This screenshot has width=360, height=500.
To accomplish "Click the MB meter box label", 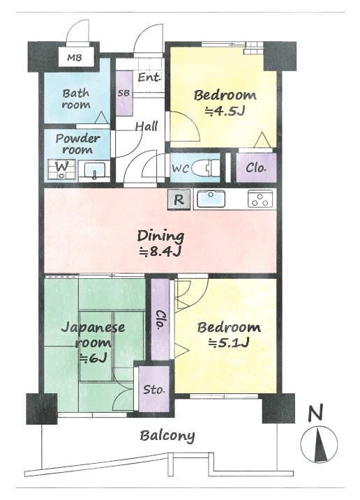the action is click(75, 58).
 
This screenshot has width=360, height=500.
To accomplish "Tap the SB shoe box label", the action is click(123, 93).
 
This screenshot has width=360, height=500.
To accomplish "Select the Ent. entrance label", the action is click(149, 77).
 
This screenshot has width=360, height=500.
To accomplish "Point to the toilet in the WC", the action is click(211, 167).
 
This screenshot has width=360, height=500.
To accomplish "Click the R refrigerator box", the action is click(179, 200).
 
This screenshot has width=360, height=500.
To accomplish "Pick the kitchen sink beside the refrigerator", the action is click(211, 199).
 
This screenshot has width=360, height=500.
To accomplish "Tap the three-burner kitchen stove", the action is click(260, 199).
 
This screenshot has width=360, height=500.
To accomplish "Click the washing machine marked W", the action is click(61, 169).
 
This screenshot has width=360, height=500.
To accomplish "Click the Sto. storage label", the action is click(153, 389).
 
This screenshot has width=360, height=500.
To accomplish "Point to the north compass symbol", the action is click(320, 445).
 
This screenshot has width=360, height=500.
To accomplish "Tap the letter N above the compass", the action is click(316, 412).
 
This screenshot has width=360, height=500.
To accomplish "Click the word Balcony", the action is click(167, 436).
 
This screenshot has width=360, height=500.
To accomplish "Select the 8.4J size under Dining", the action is click(160, 252).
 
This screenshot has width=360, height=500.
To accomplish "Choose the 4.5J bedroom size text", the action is click(225, 112).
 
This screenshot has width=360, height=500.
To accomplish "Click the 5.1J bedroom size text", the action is click(229, 343).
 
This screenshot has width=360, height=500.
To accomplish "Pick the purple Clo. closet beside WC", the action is click(256, 168).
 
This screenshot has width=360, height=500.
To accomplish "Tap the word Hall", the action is click(147, 126).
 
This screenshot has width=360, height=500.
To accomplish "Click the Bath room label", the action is click(76, 99).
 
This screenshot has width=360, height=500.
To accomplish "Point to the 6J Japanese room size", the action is click(93, 358).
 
